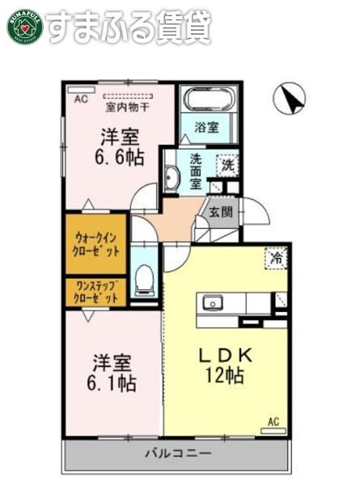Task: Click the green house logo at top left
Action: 23,26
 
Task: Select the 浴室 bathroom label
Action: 207,127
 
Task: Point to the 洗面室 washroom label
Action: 197,171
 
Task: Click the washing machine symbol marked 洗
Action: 228,164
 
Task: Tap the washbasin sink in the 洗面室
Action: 172,179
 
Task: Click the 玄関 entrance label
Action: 220,213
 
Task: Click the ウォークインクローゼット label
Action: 96,243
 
